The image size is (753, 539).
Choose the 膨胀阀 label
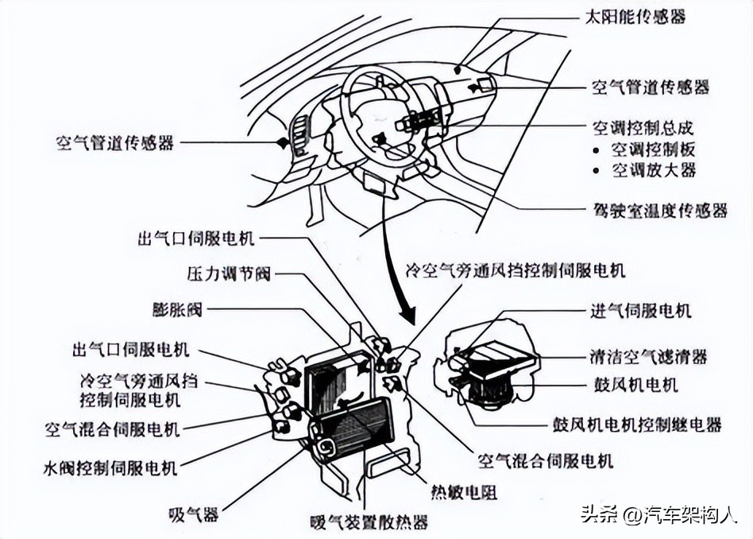tap(177, 309)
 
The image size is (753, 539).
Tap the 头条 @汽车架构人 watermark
tap(658, 514)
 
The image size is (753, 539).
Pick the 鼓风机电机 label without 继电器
tap(635, 385)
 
